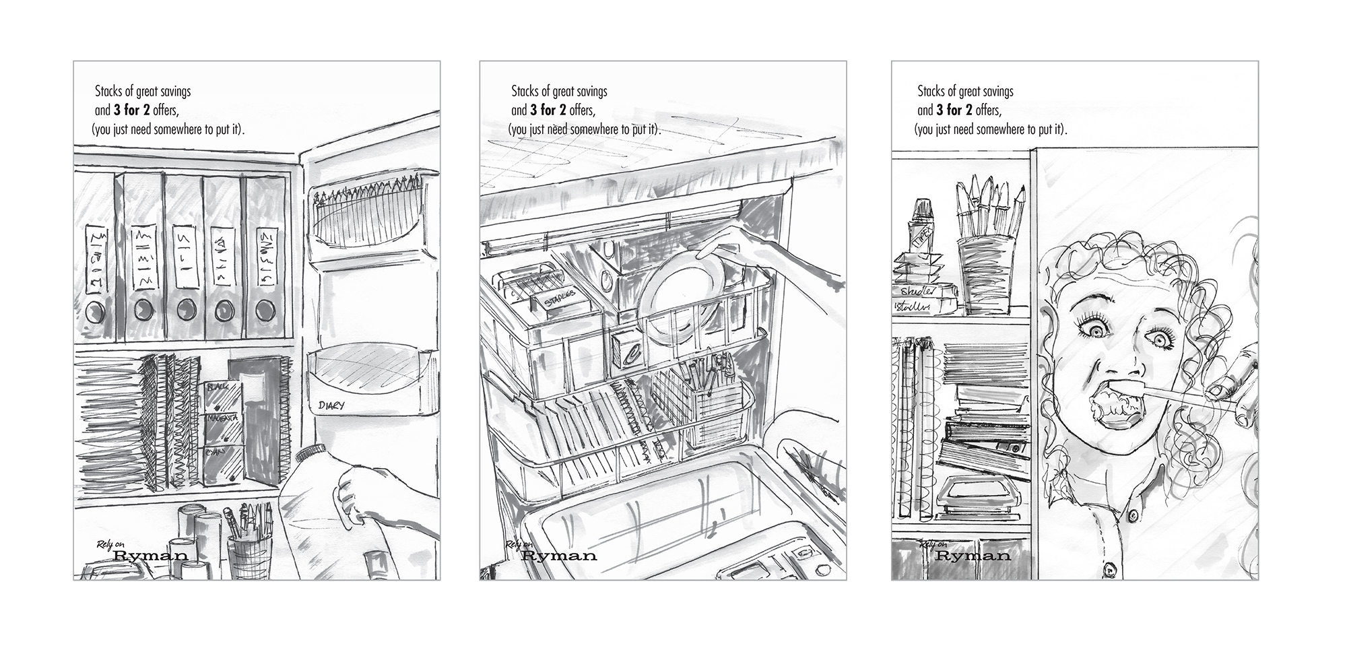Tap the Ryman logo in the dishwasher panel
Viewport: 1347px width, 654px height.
[559, 556]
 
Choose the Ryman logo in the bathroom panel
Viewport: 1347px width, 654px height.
[973, 556]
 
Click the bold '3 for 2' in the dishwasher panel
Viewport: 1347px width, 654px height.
[548, 110]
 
